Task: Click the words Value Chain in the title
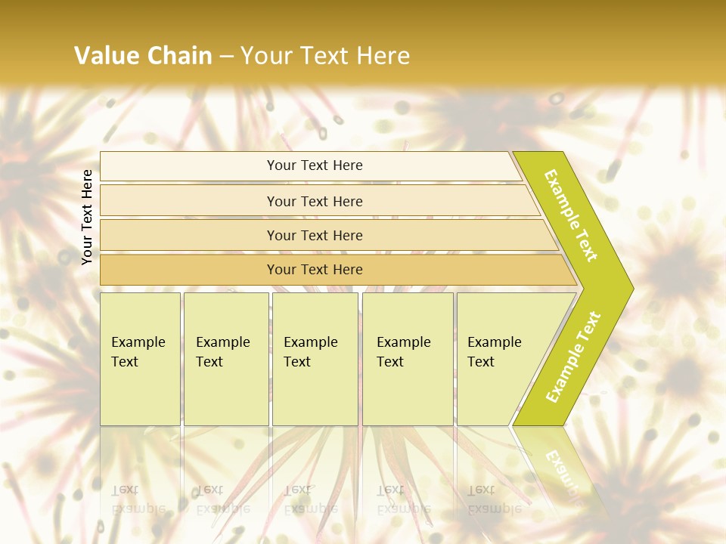tap(143, 55)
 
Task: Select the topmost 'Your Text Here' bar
tap(314, 165)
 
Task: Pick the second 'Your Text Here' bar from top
tap(314, 201)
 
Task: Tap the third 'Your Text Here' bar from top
tap(314, 235)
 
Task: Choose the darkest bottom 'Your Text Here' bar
tap(314, 270)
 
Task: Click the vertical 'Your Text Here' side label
tap(88, 218)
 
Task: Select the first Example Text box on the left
tap(140, 359)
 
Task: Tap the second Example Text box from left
tap(226, 359)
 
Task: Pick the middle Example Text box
tap(315, 359)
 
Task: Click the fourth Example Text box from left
tap(408, 359)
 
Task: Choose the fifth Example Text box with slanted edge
tap(499, 359)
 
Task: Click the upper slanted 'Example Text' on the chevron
tap(571, 215)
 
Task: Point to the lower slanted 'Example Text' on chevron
tap(573, 357)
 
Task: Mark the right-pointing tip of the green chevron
tap(631, 289)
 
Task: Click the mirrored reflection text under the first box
tap(138, 499)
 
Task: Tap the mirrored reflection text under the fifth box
tap(494, 499)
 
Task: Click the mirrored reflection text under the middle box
tap(311, 499)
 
